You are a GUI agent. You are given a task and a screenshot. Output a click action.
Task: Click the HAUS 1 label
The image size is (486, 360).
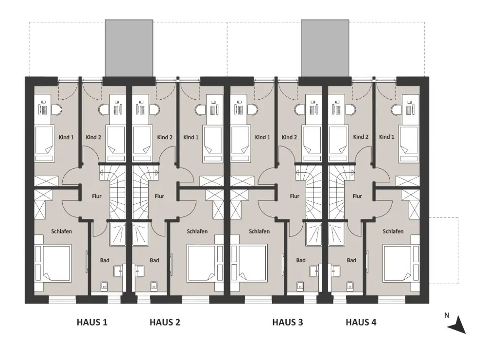pos(92,322)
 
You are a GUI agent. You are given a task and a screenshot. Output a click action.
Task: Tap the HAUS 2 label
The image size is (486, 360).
pos(165,322)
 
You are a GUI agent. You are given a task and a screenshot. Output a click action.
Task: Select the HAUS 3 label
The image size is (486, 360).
pos(288,322)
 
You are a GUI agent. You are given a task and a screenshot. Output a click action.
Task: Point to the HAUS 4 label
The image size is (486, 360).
pos(361,322)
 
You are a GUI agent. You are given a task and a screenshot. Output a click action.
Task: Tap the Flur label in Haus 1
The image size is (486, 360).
pos(97,196)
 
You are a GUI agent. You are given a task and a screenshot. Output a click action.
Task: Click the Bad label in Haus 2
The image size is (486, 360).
pos(155,260)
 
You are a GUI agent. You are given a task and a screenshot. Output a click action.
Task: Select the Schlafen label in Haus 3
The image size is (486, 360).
pos(259,231)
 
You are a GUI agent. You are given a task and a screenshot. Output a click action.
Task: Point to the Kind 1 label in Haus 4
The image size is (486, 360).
pos(387,137)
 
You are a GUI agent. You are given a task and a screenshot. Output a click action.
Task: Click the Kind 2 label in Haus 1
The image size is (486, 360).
pos(94,137)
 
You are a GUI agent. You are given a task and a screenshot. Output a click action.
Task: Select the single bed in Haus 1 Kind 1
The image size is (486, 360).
pos(44,144)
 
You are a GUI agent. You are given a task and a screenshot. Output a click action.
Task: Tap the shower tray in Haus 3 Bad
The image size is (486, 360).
pos(314,234)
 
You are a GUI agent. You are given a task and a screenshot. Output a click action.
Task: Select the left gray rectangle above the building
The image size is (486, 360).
pos(129,48)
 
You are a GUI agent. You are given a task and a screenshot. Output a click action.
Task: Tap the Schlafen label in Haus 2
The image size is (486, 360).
pos(197,231)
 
